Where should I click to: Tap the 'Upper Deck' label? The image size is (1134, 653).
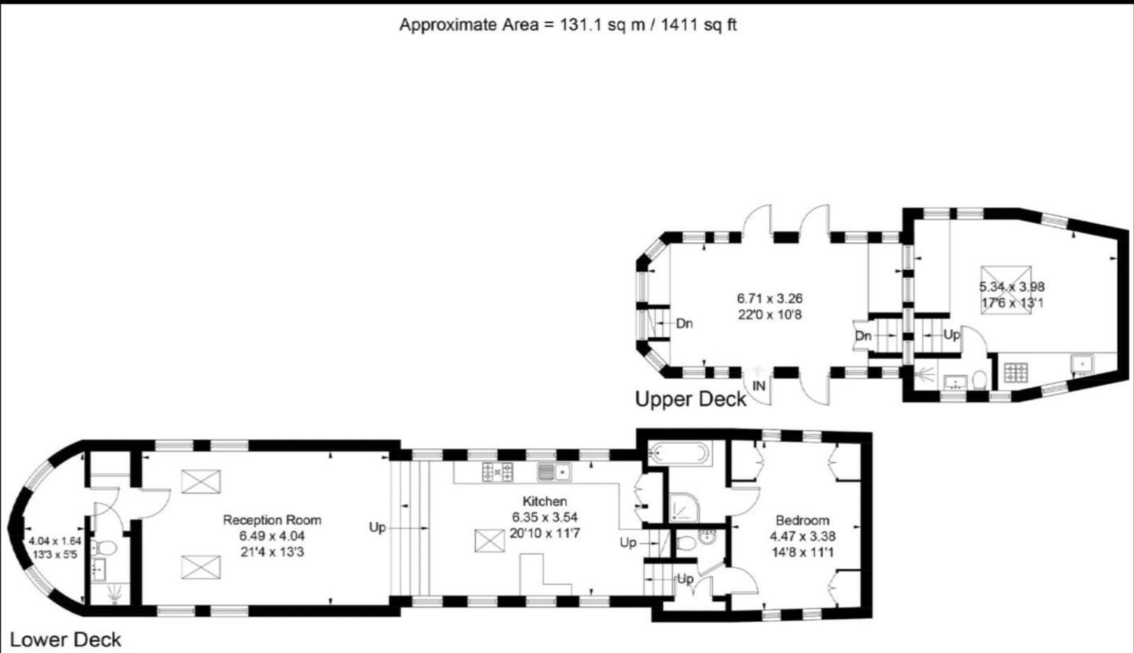[690, 399]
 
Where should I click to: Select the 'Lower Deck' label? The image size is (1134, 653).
[65, 640]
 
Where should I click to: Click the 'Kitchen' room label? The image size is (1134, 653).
[544, 501]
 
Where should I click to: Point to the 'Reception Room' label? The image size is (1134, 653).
[272, 520]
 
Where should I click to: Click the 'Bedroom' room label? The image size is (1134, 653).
[802, 520]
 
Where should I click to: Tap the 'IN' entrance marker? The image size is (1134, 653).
[759, 386]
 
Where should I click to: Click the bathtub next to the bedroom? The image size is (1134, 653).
[679, 453]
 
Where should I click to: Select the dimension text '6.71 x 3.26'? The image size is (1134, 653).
[770, 298]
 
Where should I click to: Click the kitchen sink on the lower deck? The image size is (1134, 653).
[554, 471]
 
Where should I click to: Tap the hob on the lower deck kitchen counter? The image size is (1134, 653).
[498, 471]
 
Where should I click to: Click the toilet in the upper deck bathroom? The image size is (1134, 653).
[980, 380]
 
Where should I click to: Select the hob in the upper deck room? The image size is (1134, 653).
[1016, 372]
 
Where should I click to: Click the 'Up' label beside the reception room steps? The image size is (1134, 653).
[377, 528]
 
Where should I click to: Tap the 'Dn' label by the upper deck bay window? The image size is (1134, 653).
[684, 324]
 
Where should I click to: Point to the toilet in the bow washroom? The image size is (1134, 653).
[106, 547]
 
